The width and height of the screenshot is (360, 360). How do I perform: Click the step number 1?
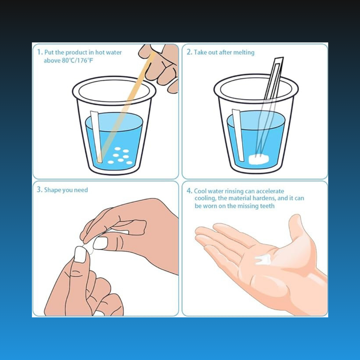tap(40, 52)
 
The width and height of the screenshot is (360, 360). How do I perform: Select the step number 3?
tap(39, 190)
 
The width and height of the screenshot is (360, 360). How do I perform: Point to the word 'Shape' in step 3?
tap(53, 190)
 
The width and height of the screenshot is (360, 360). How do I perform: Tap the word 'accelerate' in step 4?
tap(270, 191)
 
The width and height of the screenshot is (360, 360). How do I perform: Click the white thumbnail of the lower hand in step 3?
tap(80, 254)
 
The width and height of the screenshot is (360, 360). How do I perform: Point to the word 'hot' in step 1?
tap(100, 52)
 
